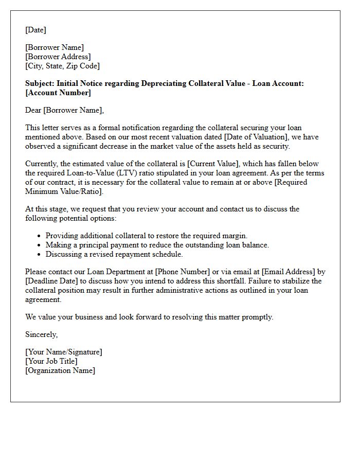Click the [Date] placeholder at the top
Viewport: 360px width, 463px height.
(35, 30)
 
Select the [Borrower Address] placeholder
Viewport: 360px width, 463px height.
(58, 57)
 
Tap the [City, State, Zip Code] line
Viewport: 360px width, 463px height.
(62, 66)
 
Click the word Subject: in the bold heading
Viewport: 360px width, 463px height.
(40, 83)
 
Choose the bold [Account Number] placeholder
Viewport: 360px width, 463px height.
(58, 93)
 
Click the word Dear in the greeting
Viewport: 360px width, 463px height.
(33, 110)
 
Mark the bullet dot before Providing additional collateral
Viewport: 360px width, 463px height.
(40, 236)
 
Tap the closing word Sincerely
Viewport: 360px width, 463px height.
(41, 334)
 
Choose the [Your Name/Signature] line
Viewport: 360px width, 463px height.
(64, 352)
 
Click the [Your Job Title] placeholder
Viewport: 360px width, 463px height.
(51, 361)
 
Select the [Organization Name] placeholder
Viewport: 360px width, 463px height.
(60, 370)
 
